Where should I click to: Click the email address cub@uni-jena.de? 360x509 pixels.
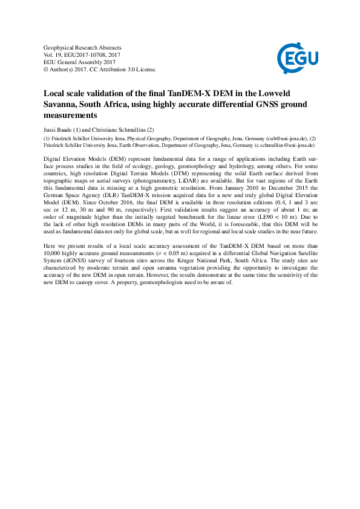point(272,138)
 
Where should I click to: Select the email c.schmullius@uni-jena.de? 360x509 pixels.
point(277,146)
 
